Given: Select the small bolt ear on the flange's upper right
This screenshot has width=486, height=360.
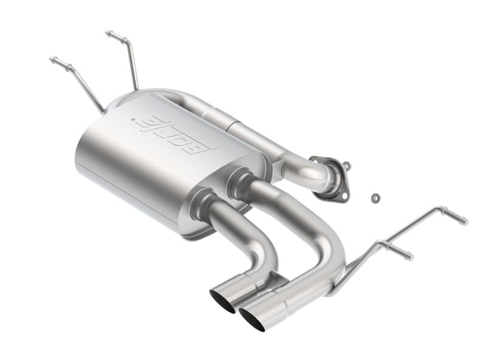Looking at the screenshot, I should (x=345, y=165).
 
